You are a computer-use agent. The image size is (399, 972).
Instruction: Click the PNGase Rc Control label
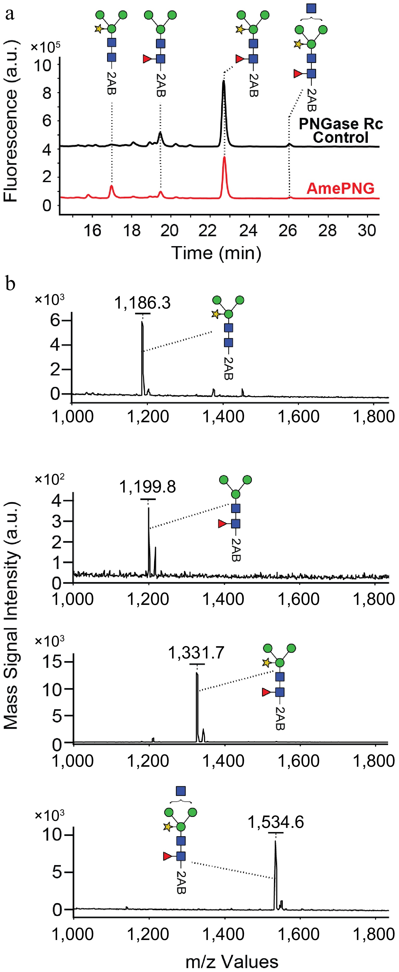tap(340, 130)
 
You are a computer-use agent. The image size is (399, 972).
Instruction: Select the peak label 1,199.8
tap(147, 487)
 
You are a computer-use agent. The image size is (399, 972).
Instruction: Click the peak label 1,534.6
tap(276, 822)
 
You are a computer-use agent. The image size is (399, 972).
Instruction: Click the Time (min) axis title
tap(216, 252)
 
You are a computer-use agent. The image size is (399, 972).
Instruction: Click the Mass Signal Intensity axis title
tap(11, 615)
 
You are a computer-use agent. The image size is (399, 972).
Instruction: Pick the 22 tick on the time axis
tap(207, 230)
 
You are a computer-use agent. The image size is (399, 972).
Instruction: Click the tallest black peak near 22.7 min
tap(224, 81)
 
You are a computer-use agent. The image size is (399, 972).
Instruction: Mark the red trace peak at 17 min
tap(112, 186)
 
